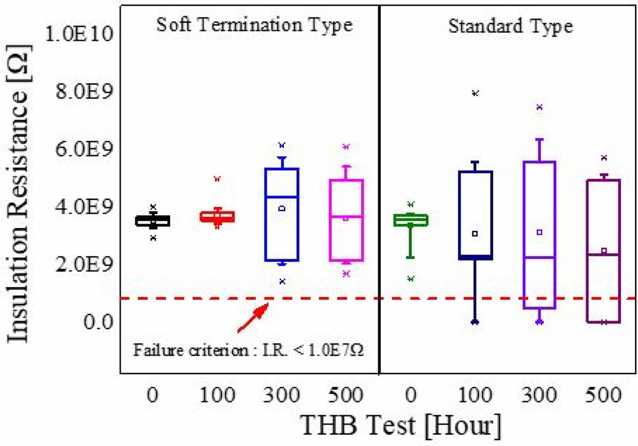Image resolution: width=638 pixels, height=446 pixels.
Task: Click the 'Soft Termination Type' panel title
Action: pos(254,25)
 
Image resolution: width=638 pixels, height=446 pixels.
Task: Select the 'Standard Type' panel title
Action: pos(511,26)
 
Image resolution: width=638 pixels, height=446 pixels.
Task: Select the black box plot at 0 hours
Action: pos(152,221)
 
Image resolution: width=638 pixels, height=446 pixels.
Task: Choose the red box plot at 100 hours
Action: pos(217,216)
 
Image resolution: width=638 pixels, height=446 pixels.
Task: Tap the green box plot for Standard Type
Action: pos(411,220)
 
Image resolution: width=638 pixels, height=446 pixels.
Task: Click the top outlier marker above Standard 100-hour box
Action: pos(475,93)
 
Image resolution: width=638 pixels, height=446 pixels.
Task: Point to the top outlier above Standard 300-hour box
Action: pos(540,106)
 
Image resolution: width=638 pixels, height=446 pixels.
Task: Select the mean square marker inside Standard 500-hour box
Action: pos(604,250)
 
